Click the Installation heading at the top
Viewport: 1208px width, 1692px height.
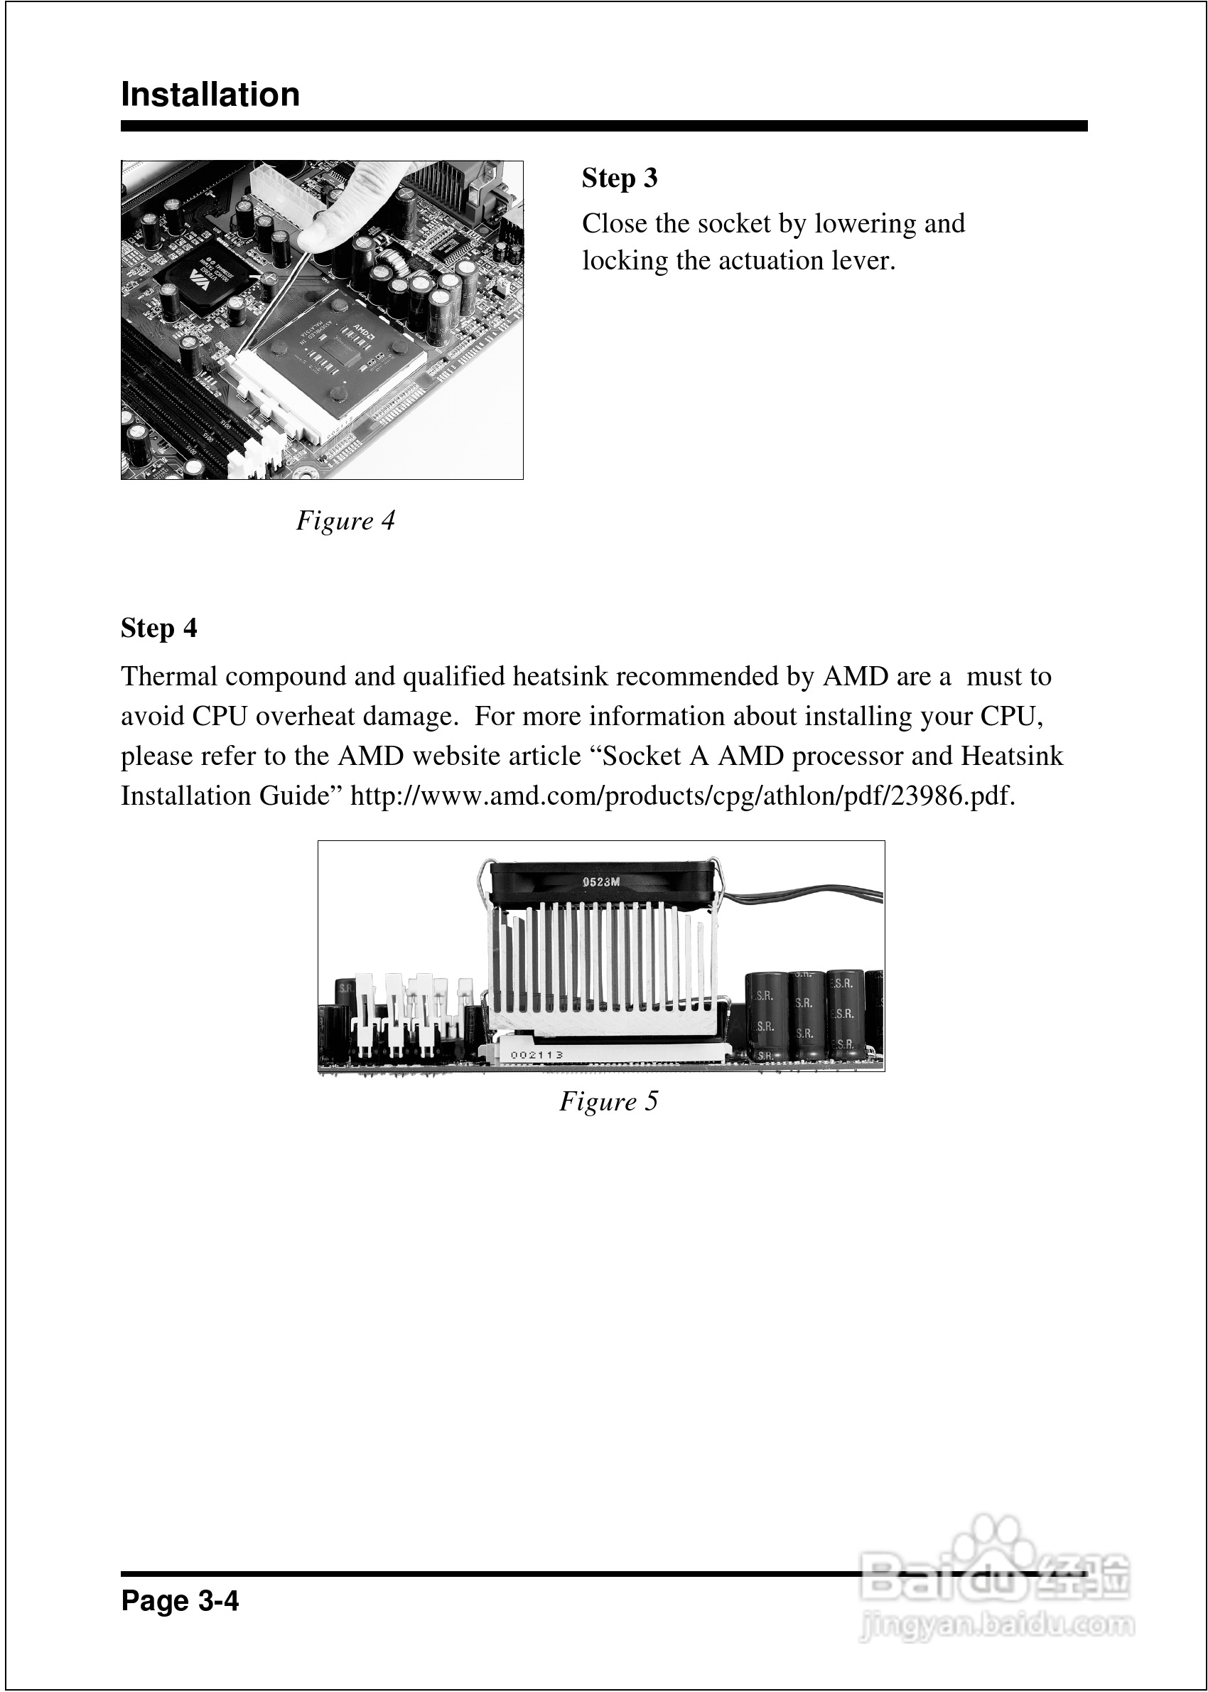210,95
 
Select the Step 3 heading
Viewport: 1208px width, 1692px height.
620,178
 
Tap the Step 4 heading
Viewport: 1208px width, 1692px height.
159,628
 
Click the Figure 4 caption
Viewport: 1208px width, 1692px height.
345,520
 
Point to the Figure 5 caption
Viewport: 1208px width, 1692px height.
608,1101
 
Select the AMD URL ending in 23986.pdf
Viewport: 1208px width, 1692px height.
682,796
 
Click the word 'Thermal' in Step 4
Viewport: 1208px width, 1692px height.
170,676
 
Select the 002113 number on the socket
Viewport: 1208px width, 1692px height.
536,1054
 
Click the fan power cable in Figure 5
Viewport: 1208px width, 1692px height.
804,895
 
